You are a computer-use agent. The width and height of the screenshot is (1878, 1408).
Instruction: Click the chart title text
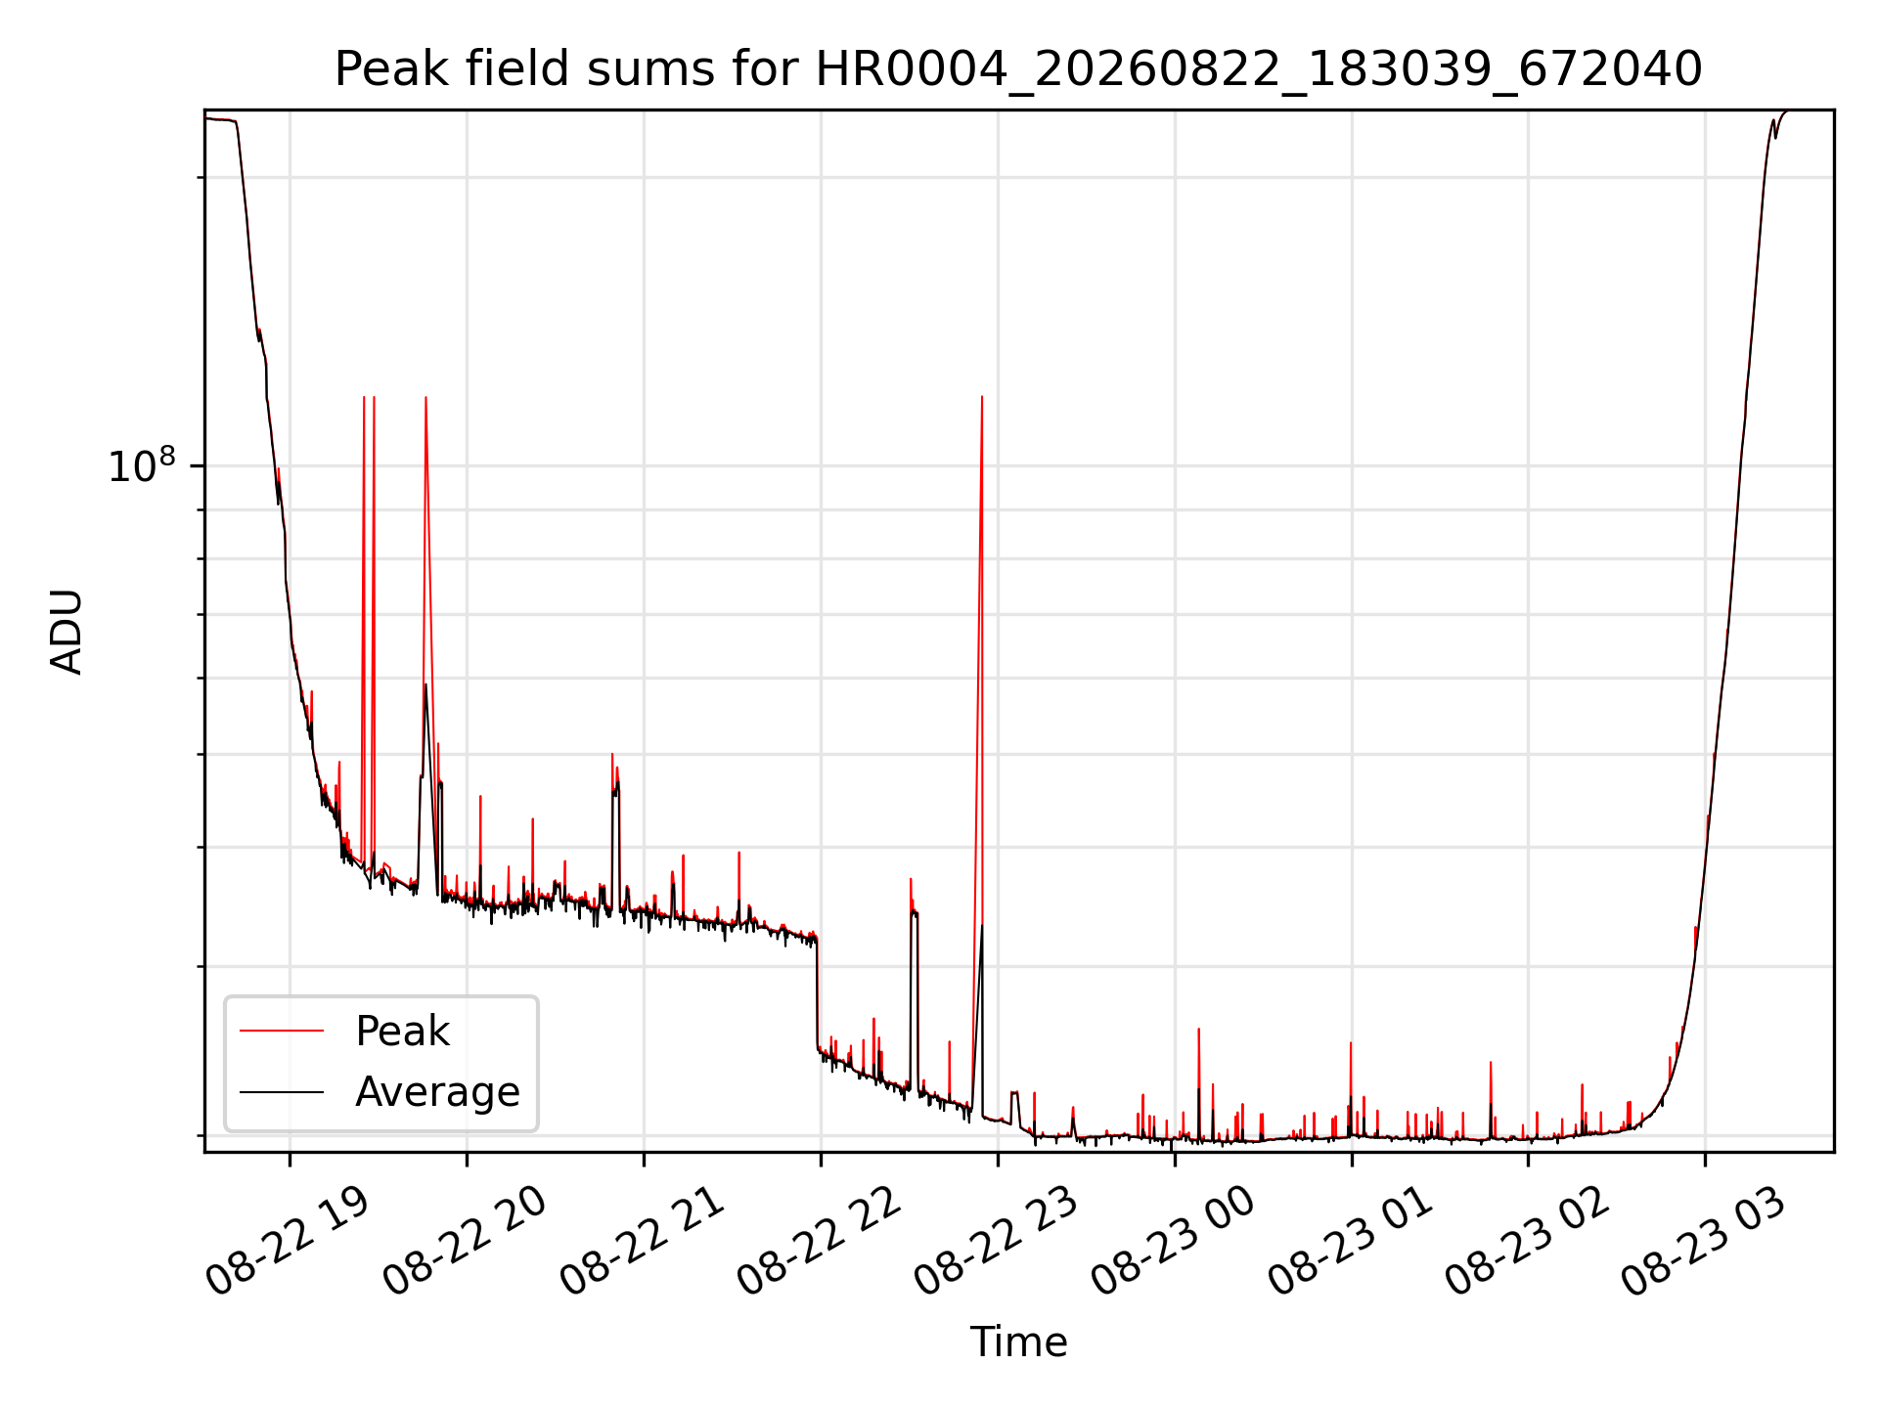1018,69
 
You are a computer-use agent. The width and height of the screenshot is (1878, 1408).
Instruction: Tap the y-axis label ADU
67,632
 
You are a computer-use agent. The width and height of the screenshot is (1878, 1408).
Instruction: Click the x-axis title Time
1018,1342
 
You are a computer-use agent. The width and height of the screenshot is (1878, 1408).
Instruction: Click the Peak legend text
402,1032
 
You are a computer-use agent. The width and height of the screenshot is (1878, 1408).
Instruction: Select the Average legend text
437,1092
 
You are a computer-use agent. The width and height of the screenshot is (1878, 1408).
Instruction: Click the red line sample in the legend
282,1031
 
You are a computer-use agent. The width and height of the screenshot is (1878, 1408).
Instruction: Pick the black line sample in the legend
282,1091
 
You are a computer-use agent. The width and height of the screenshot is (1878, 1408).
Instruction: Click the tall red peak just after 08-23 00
1198,1030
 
